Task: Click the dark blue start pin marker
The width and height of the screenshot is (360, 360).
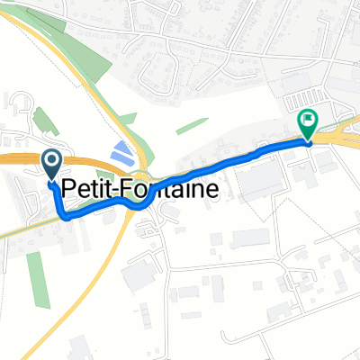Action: (x=51, y=163)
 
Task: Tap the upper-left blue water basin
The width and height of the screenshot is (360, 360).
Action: (x=119, y=150)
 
